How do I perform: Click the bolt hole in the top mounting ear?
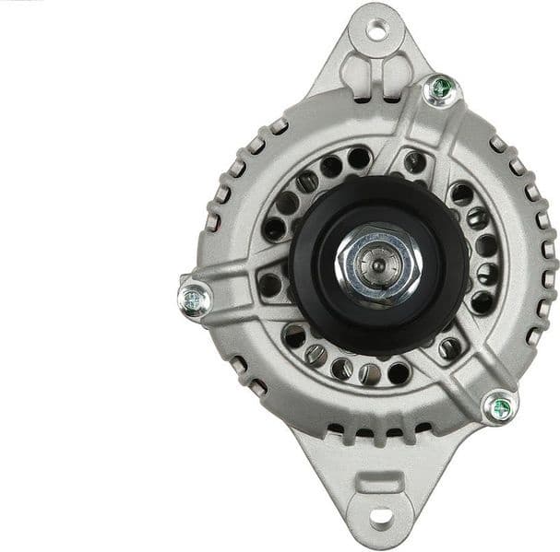pyautogui.click(x=376, y=29)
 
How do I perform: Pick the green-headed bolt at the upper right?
pyautogui.click(x=441, y=89)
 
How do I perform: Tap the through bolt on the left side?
pyautogui.click(x=195, y=298)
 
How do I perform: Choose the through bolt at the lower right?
pyautogui.click(x=499, y=405)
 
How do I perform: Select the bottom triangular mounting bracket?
pyautogui.click(x=378, y=488)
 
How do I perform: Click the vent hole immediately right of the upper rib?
pyautogui.click(x=414, y=162)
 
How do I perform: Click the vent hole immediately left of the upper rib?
pyautogui.click(x=359, y=159)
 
